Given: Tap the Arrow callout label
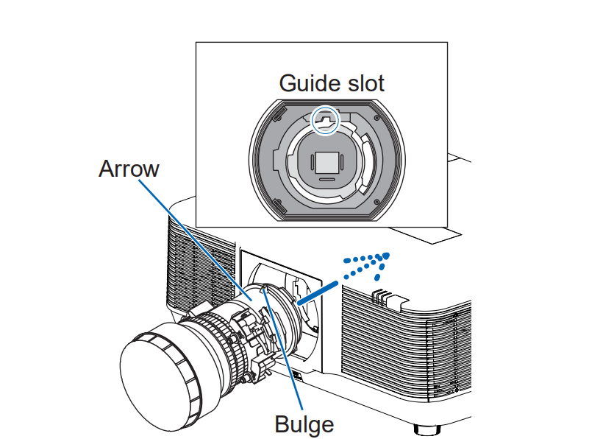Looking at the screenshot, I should point(129,169).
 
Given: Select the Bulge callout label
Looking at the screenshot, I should point(304,424).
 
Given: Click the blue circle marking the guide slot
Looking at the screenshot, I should point(324,119).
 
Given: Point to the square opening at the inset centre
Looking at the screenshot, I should point(326,161).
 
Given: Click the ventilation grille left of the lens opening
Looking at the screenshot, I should point(199,265).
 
